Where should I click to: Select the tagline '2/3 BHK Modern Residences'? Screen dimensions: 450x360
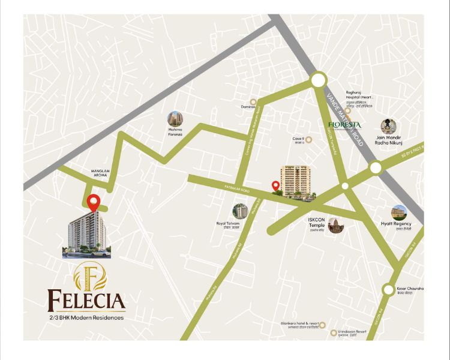[x=87, y=317]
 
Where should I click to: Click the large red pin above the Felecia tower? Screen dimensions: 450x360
[x=92, y=203]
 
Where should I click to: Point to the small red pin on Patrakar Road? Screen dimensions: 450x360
[x=275, y=187]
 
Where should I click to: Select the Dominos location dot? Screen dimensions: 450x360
[x=253, y=101]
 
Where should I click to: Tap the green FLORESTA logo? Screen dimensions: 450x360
[x=344, y=125]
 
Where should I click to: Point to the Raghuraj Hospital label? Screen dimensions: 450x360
[x=360, y=96]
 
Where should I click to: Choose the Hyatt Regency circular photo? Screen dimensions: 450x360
[x=399, y=212]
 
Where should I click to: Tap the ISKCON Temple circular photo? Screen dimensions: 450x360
[x=336, y=225]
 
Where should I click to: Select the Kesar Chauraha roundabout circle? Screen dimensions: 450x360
[x=388, y=290]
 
